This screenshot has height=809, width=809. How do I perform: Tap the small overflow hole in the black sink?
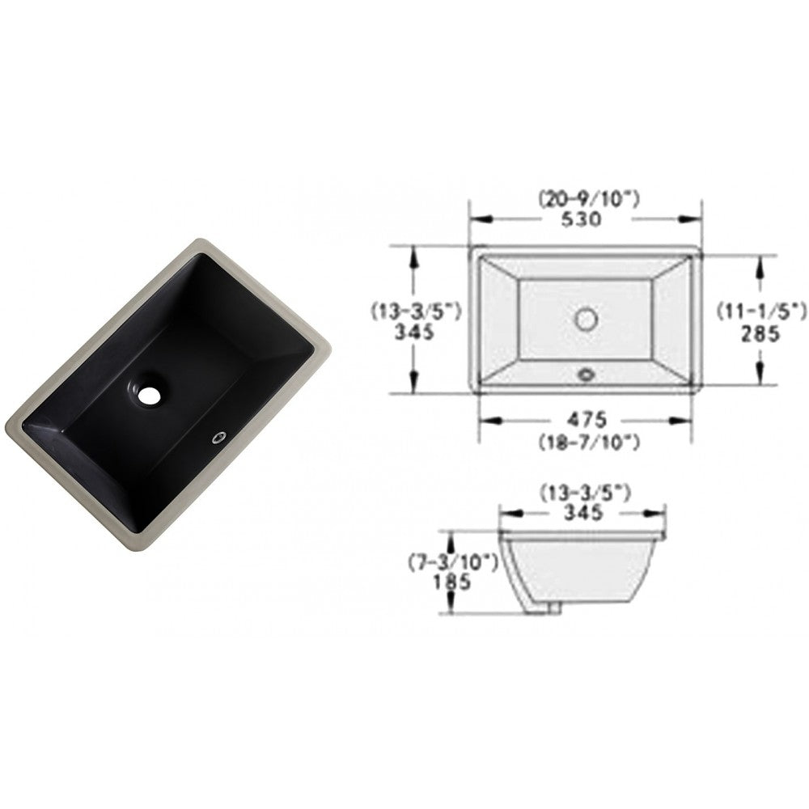coord(218,438)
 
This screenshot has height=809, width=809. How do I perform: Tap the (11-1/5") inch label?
coord(761,308)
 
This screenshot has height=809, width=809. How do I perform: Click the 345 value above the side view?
coord(582,512)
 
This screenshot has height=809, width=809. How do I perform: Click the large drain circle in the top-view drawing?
coord(587,319)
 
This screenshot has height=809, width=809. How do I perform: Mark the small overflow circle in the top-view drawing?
coord(587,373)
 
